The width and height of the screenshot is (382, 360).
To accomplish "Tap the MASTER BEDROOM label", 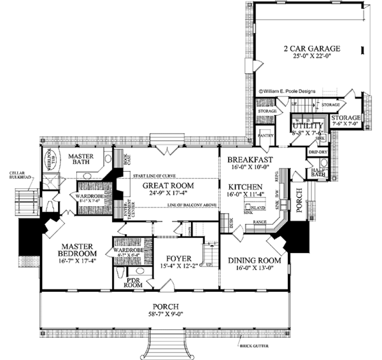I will pos(70,250).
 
